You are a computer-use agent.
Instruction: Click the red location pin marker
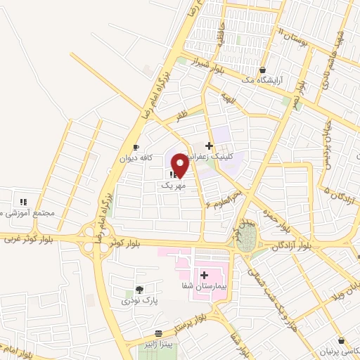(x=180, y=165)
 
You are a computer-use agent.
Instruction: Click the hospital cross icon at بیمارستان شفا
(x=205, y=275)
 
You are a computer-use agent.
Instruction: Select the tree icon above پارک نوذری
(x=139, y=289)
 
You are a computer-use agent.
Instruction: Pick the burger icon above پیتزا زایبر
(x=159, y=333)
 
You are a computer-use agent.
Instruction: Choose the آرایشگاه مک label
(x=263, y=82)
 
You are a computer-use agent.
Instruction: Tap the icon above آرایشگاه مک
(x=263, y=70)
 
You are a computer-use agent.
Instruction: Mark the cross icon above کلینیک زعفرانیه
(x=209, y=146)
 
